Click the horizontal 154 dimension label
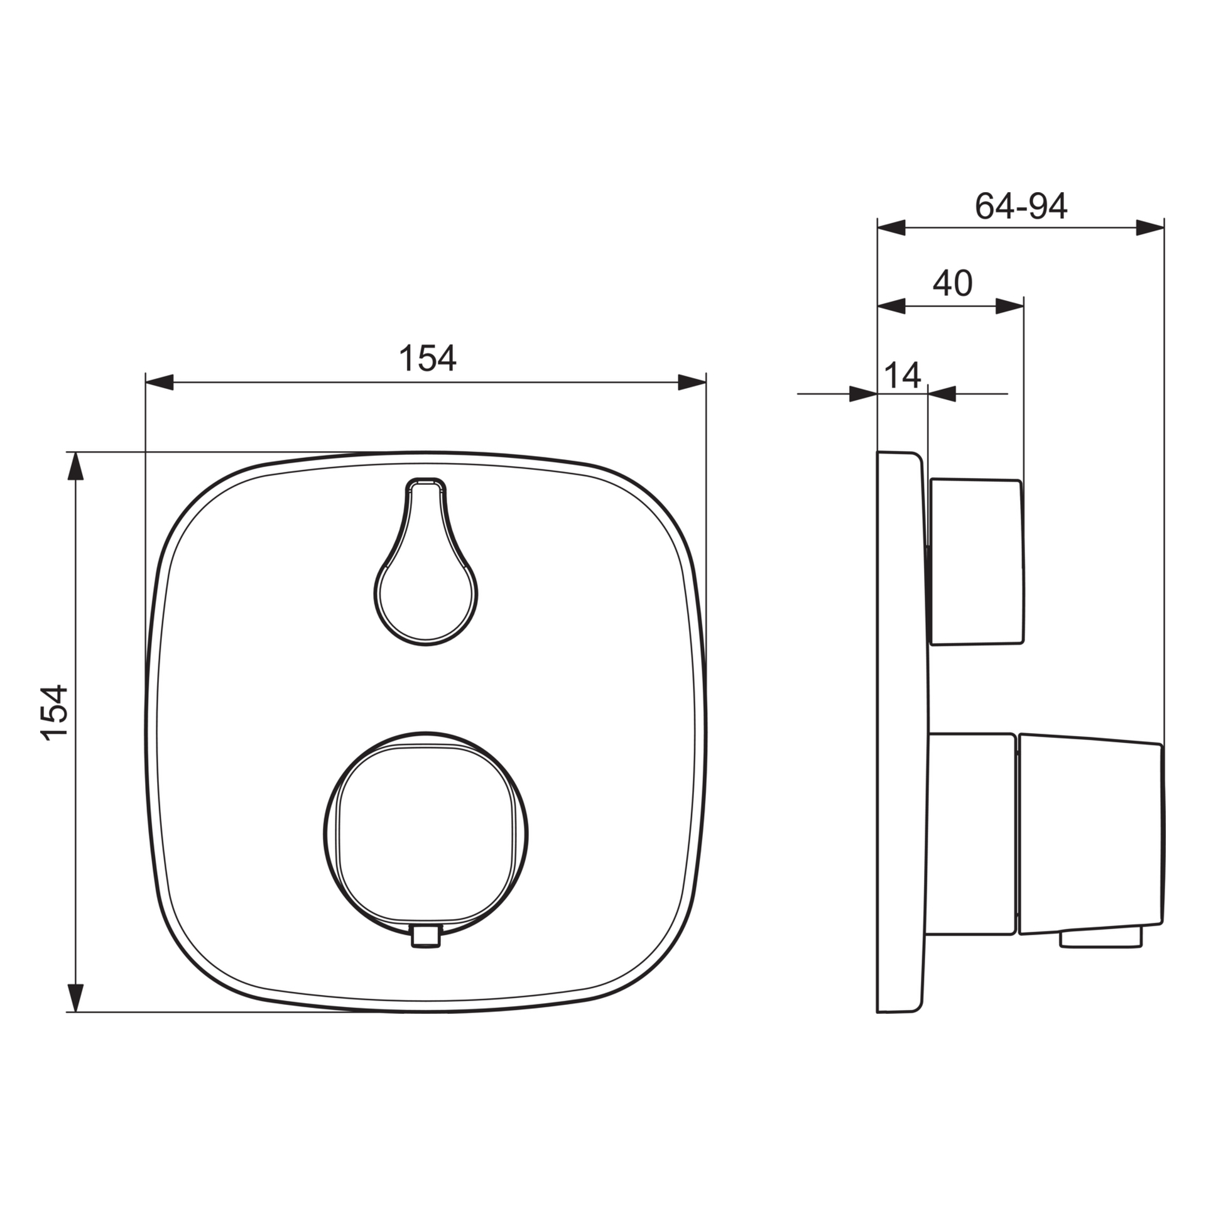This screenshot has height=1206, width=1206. [428, 358]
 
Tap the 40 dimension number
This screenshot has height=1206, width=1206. [952, 283]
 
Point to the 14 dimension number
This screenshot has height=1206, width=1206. [903, 375]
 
